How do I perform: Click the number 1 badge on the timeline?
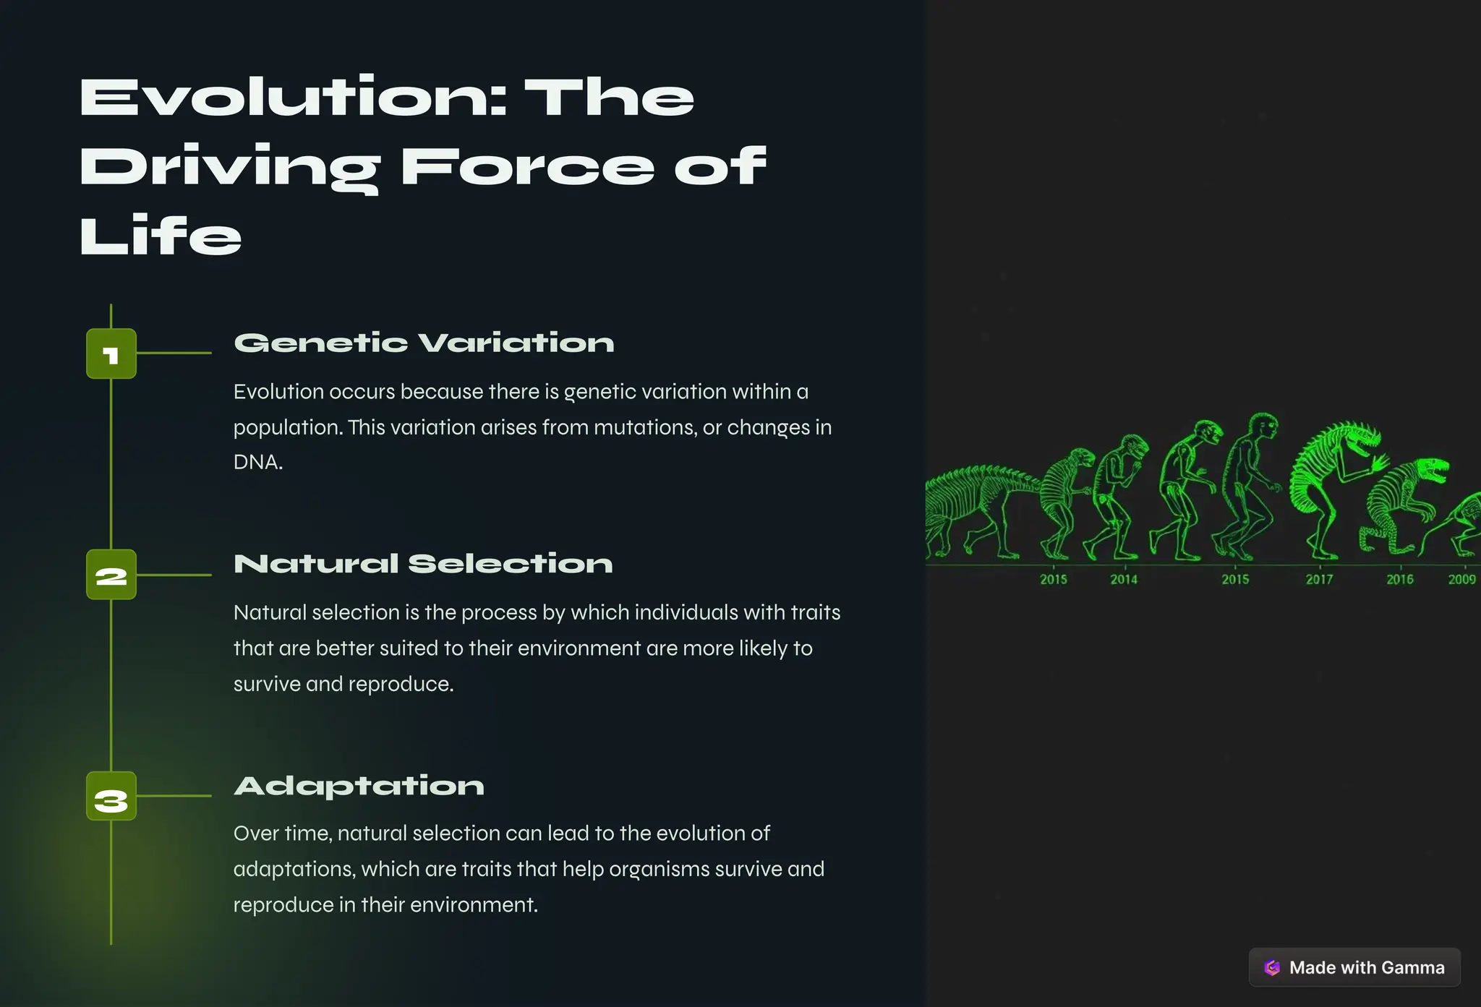(x=111, y=354)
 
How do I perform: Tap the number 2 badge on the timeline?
(x=111, y=575)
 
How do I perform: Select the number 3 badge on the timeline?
(x=111, y=797)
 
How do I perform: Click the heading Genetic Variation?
(x=424, y=343)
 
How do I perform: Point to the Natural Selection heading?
(x=423, y=564)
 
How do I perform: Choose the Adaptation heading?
(x=359, y=786)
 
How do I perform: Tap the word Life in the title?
(x=161, y=236)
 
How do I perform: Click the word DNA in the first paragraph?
(x=257, y=463)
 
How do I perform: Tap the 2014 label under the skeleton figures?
(x=1123, y=579)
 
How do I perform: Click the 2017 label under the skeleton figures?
(x=1319, y=579)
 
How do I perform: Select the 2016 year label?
(x=1399, y=579)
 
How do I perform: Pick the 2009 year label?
(x=1461, y=579)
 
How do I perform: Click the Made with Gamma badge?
(x=1354, y=967)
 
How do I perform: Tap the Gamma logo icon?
(x=1272, y=967)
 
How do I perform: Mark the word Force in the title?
(x=526, y=167)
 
